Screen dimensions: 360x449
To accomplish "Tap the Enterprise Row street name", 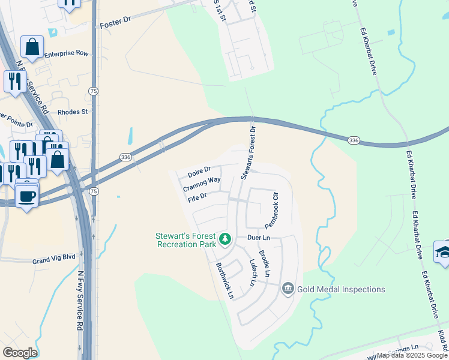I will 66,53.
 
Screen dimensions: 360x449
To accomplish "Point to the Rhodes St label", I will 73,112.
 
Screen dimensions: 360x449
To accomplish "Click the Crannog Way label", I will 202,184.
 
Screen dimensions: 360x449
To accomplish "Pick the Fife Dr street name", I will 197,197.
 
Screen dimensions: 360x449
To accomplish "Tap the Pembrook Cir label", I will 273,210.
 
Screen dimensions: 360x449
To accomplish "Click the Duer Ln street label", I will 259,238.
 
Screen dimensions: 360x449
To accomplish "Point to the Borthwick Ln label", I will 224,280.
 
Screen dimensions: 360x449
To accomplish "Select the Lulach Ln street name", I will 253,272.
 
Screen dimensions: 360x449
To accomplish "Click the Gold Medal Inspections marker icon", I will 288,289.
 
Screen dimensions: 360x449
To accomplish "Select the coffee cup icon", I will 26,195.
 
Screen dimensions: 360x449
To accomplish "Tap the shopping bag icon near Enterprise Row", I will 32,46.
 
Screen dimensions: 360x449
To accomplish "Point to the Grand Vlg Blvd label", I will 54,257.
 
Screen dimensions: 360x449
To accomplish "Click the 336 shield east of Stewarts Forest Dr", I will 354,140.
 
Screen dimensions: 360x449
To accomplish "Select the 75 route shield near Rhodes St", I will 92,91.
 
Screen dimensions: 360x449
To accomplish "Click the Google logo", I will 20,353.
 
